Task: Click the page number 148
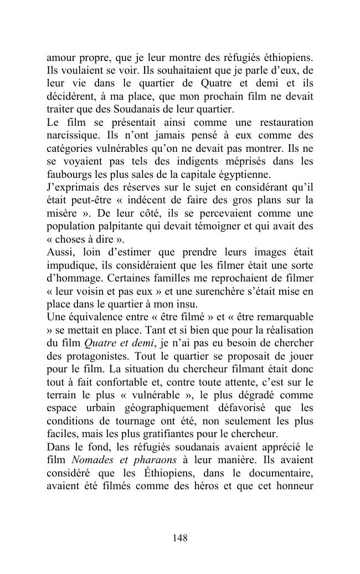pos(180,538)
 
